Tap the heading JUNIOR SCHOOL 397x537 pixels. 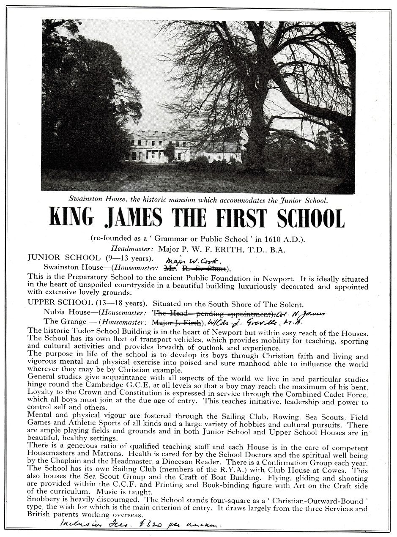(x=61, y=258)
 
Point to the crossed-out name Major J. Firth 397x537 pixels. (x=170, y=322)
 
